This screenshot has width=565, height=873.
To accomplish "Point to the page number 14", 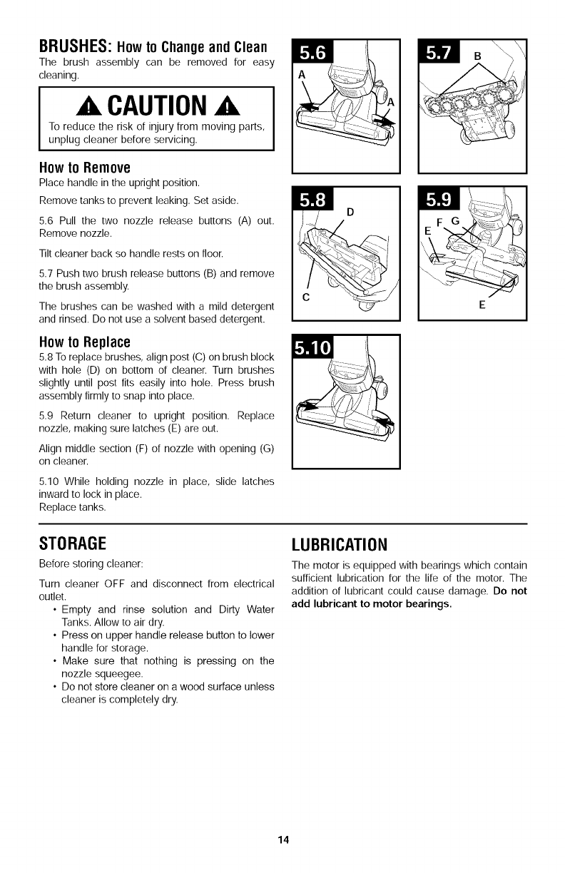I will tap(283, 839).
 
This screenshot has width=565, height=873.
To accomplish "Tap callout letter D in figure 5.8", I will tap(350, 212).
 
